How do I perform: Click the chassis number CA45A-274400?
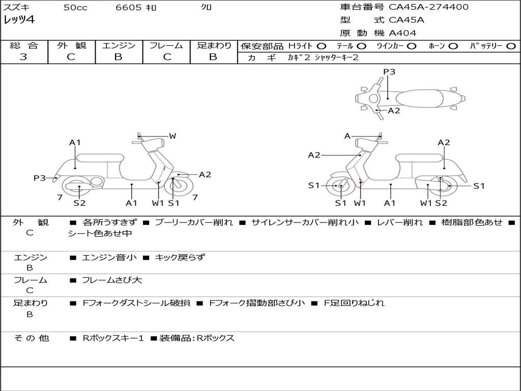428,7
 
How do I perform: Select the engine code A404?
402,33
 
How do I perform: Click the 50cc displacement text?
75,8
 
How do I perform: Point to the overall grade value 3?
23,57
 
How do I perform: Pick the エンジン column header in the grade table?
119,46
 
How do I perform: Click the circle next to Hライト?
322,46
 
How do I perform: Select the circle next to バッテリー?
511,46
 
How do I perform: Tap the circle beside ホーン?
453,46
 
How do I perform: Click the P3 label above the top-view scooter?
389,72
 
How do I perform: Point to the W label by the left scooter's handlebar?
172,136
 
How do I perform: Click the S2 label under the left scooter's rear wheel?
79,203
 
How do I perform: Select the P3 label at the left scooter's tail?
40,178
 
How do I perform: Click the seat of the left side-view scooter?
99,157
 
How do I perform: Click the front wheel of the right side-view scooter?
340,186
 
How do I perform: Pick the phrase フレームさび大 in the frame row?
112,280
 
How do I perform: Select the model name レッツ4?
19,20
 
